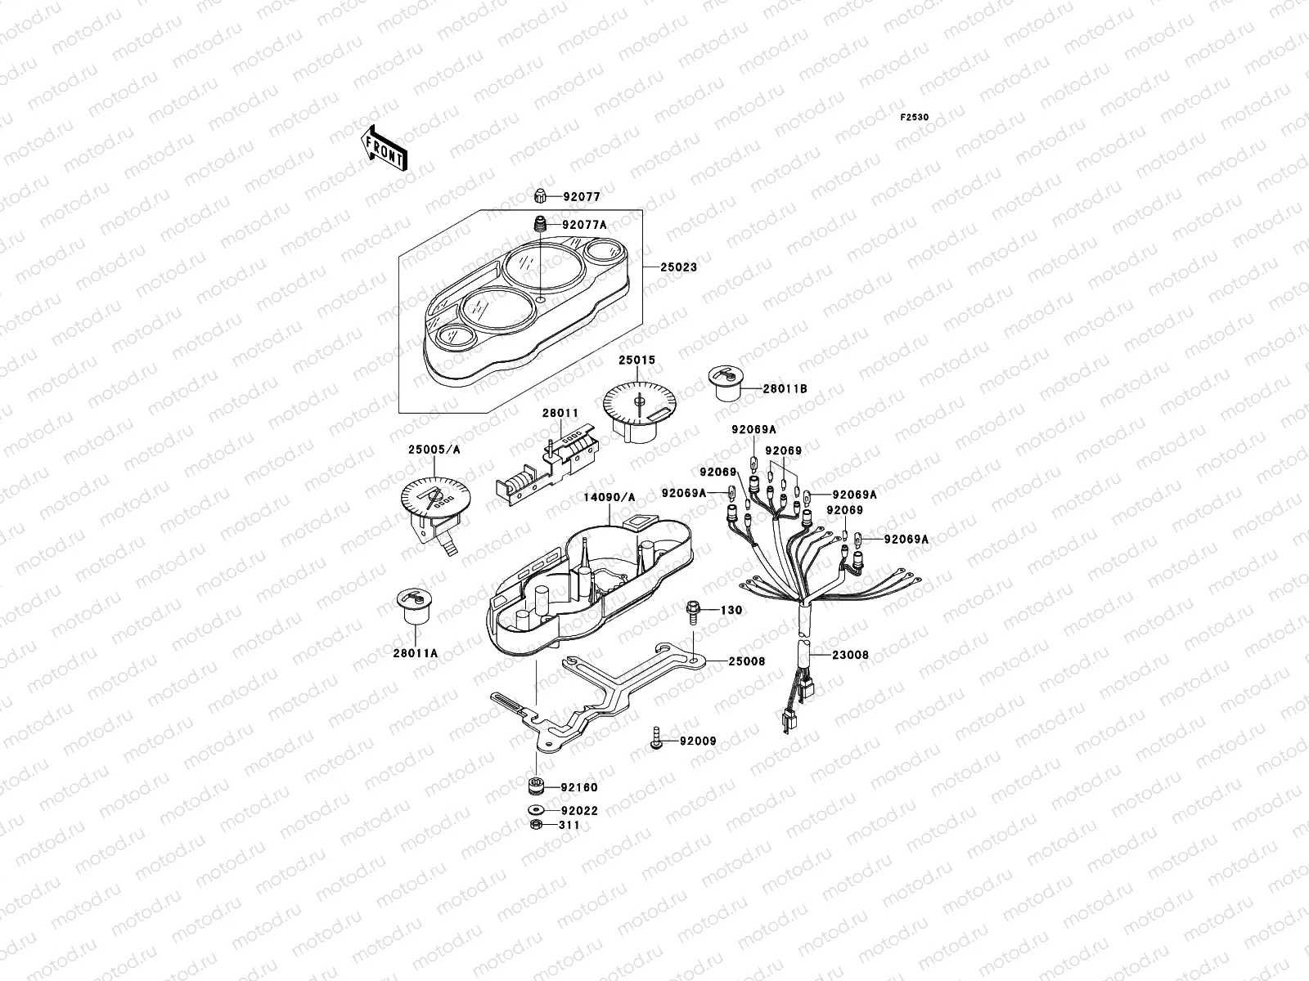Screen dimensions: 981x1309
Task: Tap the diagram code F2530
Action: point(915,118)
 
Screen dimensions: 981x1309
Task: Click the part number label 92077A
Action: point(584,225)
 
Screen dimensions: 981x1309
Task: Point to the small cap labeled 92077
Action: point(540,196)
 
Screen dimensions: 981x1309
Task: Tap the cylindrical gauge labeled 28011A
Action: point(413,607)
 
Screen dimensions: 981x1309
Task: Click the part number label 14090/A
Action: point(610,496)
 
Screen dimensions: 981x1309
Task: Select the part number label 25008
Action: point(747,661)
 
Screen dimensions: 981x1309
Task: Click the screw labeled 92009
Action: point(657,739)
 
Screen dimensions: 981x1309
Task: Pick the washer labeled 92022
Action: point(537,811)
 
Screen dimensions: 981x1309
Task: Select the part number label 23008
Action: point(851,655)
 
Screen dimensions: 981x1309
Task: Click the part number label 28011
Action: point(560,414)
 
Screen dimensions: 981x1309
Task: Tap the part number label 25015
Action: point(637,360)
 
